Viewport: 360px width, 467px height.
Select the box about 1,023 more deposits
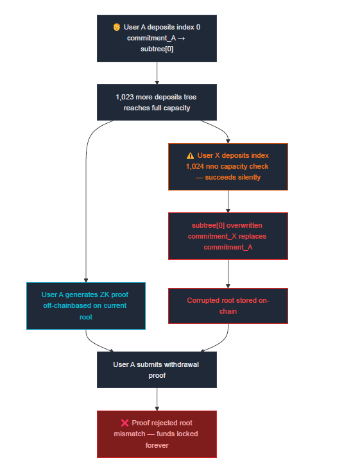(157, 102)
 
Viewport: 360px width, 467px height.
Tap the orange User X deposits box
(228, 166)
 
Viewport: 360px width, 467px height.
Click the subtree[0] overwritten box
(228, 236)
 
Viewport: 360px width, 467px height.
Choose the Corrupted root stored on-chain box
(228, 305)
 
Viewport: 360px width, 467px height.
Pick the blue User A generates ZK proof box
(86, 305)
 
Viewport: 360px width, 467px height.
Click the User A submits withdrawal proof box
(157, 369)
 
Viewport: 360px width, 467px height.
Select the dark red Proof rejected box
(157, 434)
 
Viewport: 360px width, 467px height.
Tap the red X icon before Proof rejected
(124, 423)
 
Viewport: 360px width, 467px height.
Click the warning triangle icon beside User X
(190, 156)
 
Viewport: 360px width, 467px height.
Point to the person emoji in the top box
(117, 28)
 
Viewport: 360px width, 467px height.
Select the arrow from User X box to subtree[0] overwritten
(228, 201)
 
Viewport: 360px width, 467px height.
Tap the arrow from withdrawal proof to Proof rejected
(157, 399)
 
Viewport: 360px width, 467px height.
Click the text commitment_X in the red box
(208, 236)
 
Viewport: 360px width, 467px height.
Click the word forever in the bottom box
(157, 445)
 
